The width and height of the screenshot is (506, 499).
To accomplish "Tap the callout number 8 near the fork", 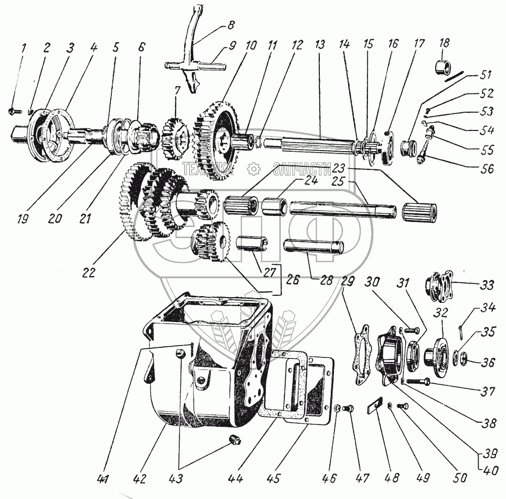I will tap(231, 24).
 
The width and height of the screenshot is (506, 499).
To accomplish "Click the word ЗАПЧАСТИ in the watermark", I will tap(300, 169).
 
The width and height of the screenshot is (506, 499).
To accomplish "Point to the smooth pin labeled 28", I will tap(314, 247).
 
